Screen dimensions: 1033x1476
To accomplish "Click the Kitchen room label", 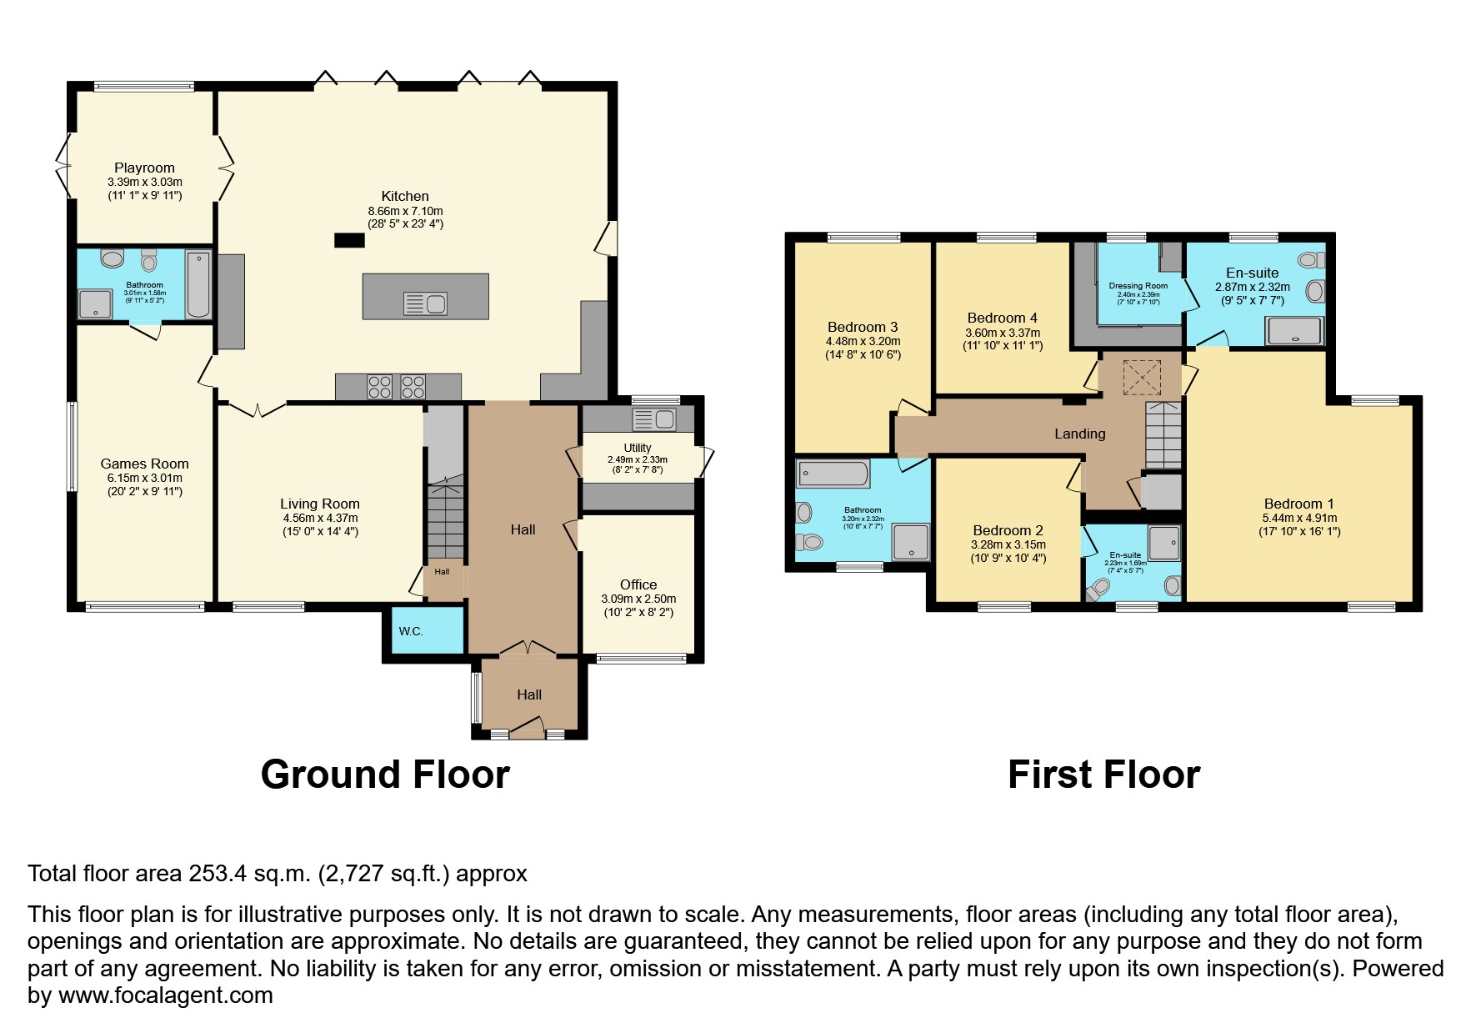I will [405, 197].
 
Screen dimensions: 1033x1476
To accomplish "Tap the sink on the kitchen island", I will [425, 303].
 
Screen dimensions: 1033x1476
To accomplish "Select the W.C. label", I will [410, 631].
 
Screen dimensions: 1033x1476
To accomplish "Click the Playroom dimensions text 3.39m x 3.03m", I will [145, 182].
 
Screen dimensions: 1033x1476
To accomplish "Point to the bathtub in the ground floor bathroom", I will [198, 284].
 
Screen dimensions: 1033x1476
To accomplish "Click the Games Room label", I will [145, 464].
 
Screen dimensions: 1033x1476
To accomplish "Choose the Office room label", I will [638, 584].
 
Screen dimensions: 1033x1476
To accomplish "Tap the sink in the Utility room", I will [654, 419].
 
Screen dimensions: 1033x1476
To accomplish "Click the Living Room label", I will [320, 504].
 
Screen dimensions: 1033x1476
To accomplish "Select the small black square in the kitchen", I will [350, 240].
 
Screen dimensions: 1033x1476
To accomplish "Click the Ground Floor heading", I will [385, 775].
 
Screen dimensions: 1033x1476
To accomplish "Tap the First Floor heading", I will [1103, 775].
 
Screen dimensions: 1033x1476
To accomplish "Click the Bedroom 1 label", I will [1298, 504].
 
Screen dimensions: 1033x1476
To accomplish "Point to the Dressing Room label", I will [1138, 286].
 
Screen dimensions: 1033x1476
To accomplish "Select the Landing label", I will [1079, 434].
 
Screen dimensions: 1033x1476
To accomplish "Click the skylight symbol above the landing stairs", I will [1142, 376].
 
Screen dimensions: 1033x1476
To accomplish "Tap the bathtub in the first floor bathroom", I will [833, 474].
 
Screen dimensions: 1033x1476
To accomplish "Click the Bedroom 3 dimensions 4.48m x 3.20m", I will [863, 341].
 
